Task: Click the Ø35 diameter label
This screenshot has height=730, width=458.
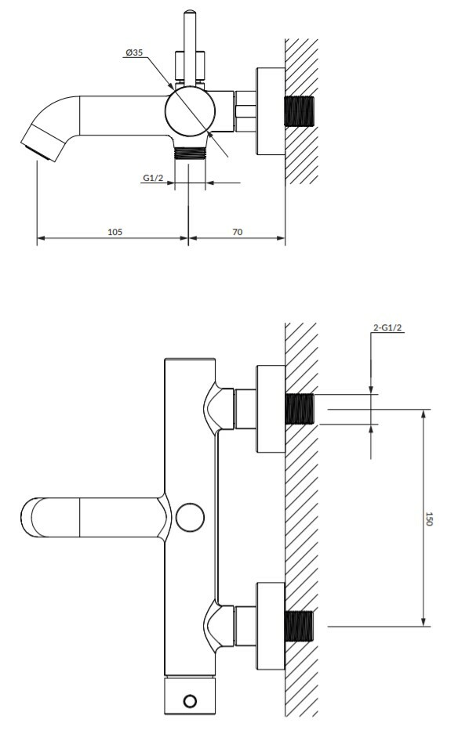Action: tap(134, 52)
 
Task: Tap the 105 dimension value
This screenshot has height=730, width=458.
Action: tap(114, 231)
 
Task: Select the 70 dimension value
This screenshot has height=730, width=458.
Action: tap(237, 231)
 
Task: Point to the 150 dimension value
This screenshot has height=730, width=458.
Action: tap(429, 519)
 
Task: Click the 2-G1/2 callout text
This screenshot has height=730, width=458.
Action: tap(387, 327)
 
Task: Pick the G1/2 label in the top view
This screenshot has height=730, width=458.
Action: tap(153, 177)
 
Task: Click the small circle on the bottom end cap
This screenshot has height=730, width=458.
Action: tap(190, 701)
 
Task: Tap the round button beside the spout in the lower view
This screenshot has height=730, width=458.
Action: tap(190, 517)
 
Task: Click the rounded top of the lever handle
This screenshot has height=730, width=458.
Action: tap(190, 14)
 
